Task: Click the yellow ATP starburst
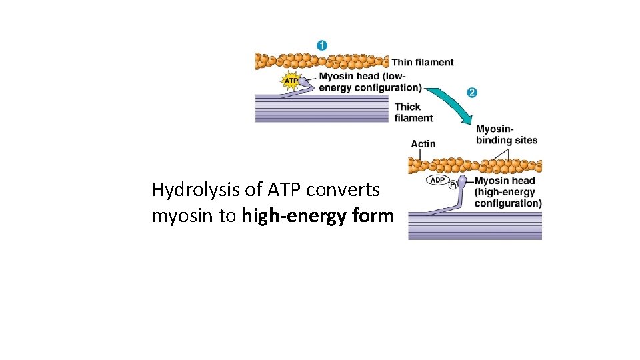(x=291, y=81)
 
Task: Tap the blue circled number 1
(x=321, y=46)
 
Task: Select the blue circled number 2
(x=472, y=92)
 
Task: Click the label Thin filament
(x=422, y=63)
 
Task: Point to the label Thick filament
(x=413, y=112)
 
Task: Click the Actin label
(x=423, y=143)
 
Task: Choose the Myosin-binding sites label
(x=506, y=134)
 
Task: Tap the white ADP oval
(x=437, y=181)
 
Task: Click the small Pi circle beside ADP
(x=453, y=185)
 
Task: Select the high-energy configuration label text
(x=507, y=192)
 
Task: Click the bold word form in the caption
(x=374, y=217)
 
